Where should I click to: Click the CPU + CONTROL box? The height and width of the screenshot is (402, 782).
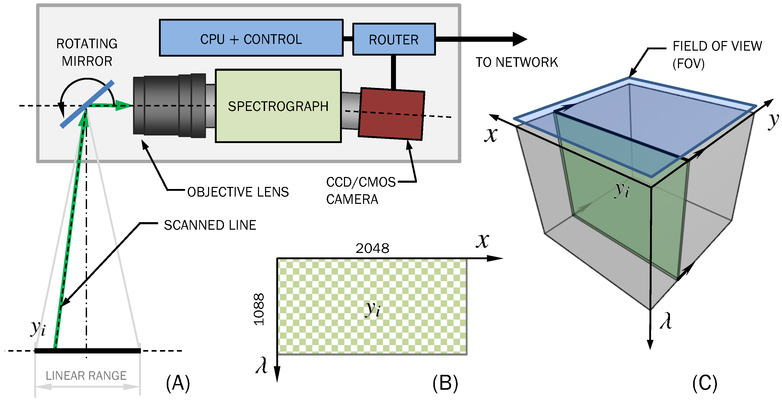tap(251, 38)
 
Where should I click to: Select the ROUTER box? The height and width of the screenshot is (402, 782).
tap(394, 39)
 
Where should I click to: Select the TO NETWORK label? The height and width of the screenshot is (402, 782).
tap(516, 62)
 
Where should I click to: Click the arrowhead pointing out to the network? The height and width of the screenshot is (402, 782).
tap(520, 39)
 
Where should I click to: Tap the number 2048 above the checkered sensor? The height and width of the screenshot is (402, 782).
tap(372, 248)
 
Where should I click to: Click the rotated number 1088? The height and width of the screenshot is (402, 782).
tap(259, 309)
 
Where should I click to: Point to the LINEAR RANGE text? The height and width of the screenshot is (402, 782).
tap(86, 376)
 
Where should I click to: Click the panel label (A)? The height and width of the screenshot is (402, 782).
tap(178, 383)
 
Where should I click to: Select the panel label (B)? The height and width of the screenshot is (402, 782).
tap(445, 383)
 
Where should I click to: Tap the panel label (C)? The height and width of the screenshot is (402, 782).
tap(705, 383)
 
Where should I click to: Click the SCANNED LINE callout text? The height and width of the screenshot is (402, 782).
tap(210, 225)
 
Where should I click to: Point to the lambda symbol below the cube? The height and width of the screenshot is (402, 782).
tap(666, 321)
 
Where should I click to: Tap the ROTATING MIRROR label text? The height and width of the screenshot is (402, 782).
tap(87, 52)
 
